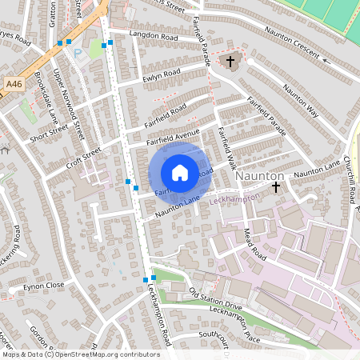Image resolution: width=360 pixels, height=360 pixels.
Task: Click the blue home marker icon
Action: pyautogui.click(x=180, y=172)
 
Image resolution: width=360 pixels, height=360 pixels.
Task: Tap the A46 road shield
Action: pyautogui.click(x=13, y=83)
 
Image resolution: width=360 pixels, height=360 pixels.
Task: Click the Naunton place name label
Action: pyautogui.click(x=260, y=175)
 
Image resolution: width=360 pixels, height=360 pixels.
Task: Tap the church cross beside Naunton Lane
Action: pyautogui.click(x=276, y=186)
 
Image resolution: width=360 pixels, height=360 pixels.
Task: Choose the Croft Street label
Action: pyautogui.click(x=83, y=152)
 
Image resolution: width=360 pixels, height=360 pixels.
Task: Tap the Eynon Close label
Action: pyautogui.click(x=43, y=285)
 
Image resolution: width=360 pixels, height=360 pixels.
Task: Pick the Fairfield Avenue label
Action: pyautogui.click(x=173, y=137)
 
